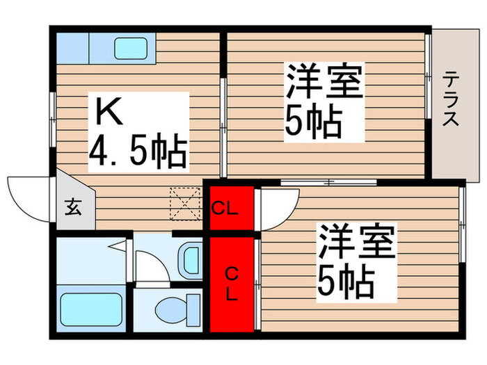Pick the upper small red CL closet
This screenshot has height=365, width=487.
coord(227,206)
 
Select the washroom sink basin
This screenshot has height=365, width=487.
coord(189,260)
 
